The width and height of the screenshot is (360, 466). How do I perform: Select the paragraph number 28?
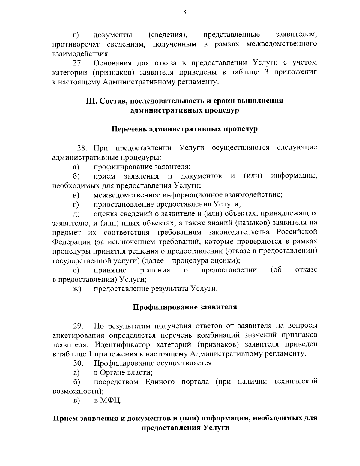click(x=82, y=148)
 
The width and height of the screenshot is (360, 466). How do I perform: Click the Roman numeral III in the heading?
click(x=91, y=101)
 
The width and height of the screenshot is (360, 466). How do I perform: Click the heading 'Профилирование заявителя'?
click(x=185, y=307)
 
